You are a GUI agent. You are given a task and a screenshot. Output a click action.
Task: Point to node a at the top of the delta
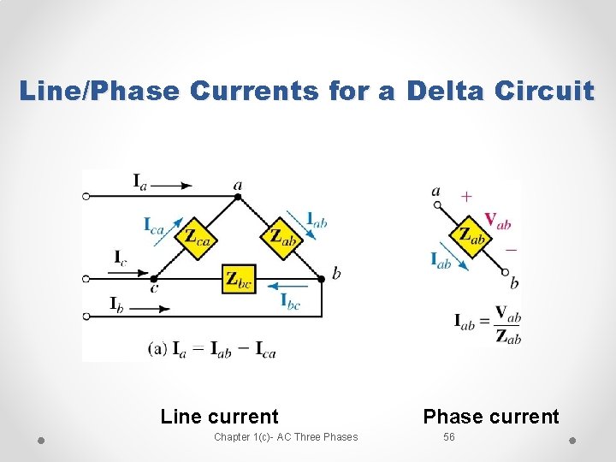coord(238,195)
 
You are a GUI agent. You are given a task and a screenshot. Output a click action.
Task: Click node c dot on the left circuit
coord(153,279)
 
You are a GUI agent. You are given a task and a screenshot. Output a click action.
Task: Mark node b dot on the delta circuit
coord(322,278)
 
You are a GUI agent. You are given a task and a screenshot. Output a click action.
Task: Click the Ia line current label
coord(139,181)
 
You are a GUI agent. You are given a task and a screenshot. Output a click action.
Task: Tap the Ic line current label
coord(121,257)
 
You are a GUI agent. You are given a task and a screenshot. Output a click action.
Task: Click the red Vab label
coord(497,220)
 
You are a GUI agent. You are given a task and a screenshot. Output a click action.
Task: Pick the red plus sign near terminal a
coord(465,196)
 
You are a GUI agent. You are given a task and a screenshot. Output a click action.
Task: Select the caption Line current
coord(219,417)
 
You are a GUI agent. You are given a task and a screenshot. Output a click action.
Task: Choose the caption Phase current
coord(491,417)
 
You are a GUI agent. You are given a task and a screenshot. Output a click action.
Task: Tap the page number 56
coord(449,437)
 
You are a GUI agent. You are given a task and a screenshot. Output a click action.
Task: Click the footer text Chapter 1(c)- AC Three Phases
coord(286,437)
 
